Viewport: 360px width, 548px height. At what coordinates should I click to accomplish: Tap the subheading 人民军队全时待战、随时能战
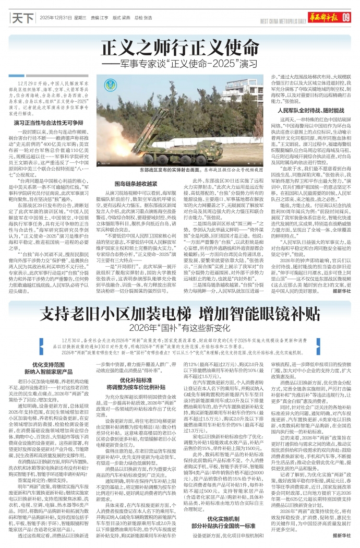click(x=310, y=111)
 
